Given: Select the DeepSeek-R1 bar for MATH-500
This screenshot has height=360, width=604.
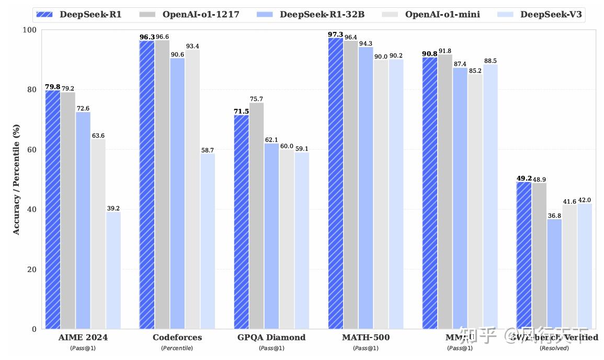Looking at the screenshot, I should click(x=335, y=183).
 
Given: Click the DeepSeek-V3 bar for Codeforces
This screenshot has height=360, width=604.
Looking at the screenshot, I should click(x=207, y=241).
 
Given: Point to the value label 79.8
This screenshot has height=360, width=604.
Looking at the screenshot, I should click(x=52, y=87).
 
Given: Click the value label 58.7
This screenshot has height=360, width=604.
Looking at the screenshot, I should click(x=208, y=150).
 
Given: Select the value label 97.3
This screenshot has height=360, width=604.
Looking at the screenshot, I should click(x=335, y=35).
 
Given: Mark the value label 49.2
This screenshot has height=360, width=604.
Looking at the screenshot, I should click(x=524, y=178).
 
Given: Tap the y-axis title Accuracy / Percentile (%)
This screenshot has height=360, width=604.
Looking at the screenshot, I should click(x=16, y=179).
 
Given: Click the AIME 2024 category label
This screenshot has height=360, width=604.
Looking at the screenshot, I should click(x=83, y=337).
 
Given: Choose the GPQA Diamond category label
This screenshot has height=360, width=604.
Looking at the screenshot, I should click(x=271, y=337).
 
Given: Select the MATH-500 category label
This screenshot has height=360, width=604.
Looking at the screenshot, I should click(x=366, y=337).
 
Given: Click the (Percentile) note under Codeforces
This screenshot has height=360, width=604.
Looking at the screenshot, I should click(x=177, y=348).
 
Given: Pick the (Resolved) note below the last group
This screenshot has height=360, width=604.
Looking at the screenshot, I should click(x=554, y=348).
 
